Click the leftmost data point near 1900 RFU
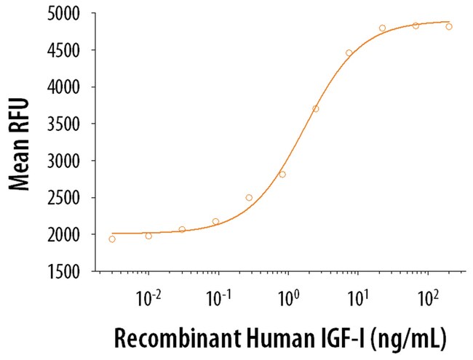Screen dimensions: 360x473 (112, 239)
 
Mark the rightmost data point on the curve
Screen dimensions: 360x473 (449, 26)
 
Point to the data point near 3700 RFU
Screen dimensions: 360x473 (316, 109)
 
